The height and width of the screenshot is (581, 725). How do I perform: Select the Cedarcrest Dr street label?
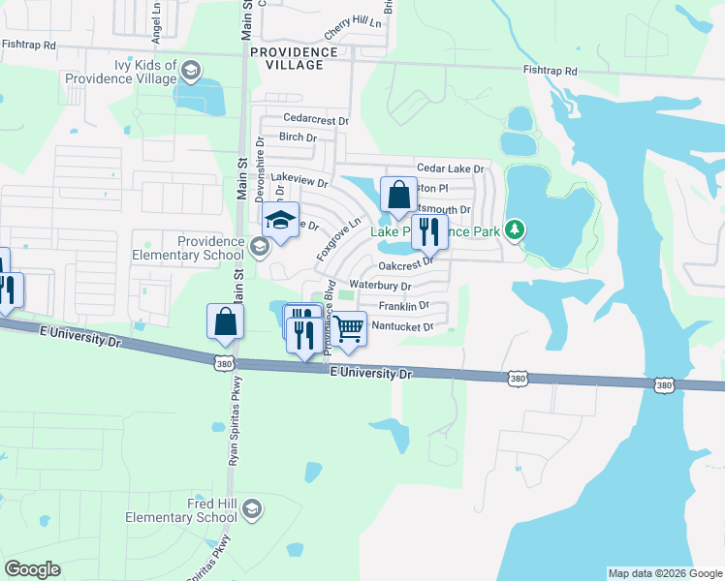pyautogui.click(x=314, y=118)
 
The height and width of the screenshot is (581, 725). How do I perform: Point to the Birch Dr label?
pyautogui.click(x=298, y=138)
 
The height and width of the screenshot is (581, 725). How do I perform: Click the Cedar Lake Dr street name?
pyautogui.click(x=450, y=168)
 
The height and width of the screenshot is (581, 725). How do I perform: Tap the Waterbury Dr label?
pyautogui.click(x=380, y=287)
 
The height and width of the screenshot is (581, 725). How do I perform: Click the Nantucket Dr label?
pyautogui.click(x=401, y=326)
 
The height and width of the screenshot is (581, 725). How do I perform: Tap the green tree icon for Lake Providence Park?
pyautogui.click(x=518, y=229)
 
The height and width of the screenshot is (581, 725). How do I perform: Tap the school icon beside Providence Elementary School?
pyautogui.click(x=259, y=248)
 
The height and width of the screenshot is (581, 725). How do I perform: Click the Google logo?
pyautogui.click(x=32, y=569)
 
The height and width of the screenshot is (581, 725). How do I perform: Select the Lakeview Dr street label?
pyautogui.click(x=299, y=180)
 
